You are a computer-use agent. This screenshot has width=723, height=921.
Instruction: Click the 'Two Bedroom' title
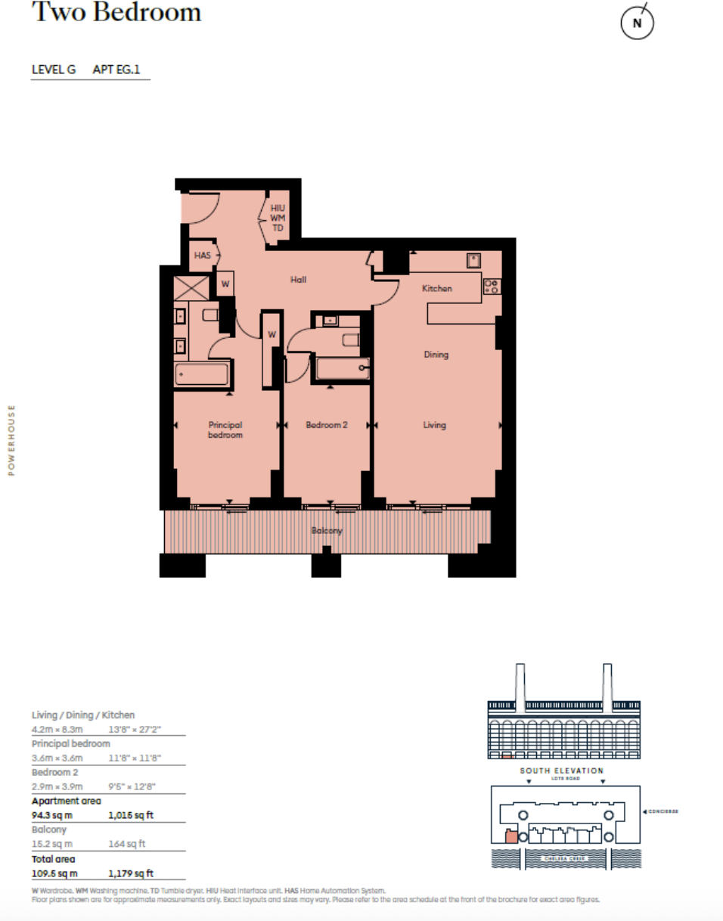click(116, 13)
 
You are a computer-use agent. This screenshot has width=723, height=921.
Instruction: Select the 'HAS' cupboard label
click(202, 256)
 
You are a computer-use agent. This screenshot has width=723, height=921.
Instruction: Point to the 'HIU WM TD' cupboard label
click(278, 218)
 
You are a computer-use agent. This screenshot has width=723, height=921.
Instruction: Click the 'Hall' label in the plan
click(299, 280)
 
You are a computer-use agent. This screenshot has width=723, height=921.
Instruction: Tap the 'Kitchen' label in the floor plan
click(436, 288)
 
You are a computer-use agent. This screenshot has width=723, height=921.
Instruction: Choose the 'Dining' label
click(436, 354)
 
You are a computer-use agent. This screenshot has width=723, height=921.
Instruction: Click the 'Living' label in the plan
click(434, 425)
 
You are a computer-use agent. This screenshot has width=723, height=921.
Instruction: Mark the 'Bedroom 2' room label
click(326, 425)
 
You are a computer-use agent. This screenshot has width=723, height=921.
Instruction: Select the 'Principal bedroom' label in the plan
click(225, 429)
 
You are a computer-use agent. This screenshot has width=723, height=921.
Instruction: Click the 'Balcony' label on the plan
click(327, 531)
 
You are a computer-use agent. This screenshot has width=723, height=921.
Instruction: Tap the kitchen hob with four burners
click(491, 286)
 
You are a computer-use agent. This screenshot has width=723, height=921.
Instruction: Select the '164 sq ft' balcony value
click(127, 844)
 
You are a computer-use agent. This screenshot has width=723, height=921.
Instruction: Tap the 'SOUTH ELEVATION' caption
click(561, 771)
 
